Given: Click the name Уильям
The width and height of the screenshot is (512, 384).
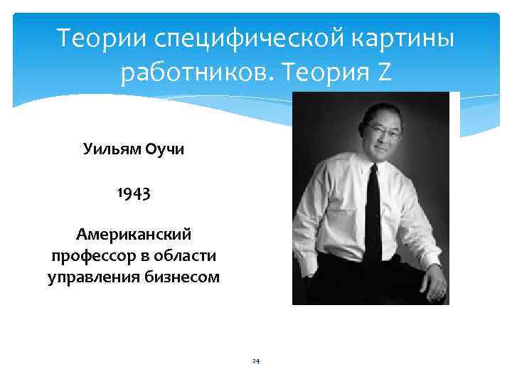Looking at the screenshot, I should coord(112,150).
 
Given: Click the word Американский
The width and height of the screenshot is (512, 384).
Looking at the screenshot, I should coord(134,234).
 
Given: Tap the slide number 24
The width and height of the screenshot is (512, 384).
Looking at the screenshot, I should coord(256,361).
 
